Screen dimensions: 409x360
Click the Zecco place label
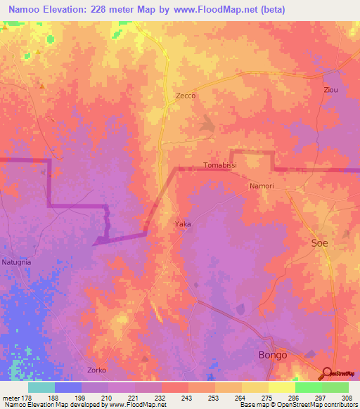(x=186, y=96)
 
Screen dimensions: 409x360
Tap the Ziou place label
(x=330, y=91)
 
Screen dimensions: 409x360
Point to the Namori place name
(x=261, y=186)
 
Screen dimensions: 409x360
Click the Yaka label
(x=183, y=224)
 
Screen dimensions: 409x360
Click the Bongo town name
(x=273, y=356)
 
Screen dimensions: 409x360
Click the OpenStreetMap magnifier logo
(x=327, y=373)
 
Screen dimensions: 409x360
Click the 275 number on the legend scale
(x=269, y=398)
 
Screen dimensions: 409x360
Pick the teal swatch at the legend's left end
(x=41, y=387)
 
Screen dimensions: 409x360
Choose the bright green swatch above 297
(x=309, y=387)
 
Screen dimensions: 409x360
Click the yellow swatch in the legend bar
(x=282, y=387)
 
